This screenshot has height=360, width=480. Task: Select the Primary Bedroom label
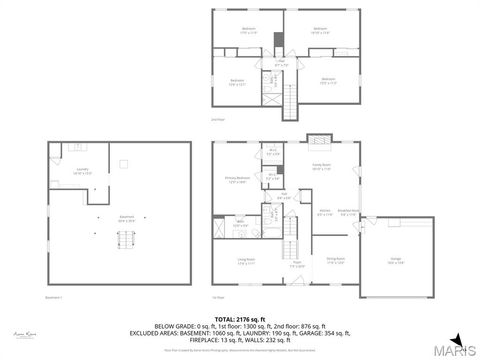click(x=237, y=181)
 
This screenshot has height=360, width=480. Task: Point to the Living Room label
click(x=246, y=262)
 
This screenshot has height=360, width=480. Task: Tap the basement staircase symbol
click(x=124, y=241)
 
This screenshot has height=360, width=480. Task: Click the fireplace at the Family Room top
click(x=318, y=141)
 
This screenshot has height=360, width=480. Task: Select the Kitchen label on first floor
click(x=324, y=212)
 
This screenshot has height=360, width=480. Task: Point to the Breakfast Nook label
click(x=348, y=212)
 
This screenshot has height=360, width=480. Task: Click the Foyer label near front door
click(x=296, y=266)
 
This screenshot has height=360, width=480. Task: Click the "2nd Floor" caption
click(x=217, y=119)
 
